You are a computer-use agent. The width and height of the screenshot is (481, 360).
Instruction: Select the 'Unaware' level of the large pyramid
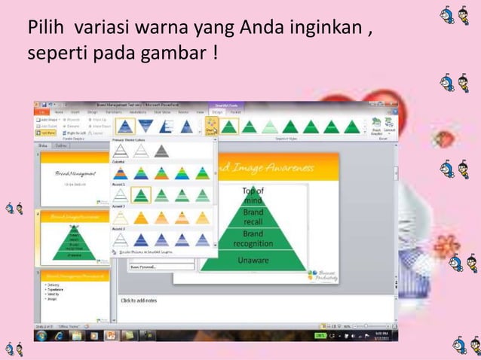point(253,260)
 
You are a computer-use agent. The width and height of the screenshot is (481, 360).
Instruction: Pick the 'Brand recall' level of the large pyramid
point(253,218)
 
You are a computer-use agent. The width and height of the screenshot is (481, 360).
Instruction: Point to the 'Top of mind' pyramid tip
point(253,196)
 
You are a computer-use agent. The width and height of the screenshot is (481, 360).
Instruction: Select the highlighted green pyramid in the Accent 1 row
point(140,195)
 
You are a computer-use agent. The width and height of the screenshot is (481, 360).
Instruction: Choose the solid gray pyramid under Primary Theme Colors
point(161,151)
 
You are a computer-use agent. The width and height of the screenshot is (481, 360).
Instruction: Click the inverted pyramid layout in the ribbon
point(146,126)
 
